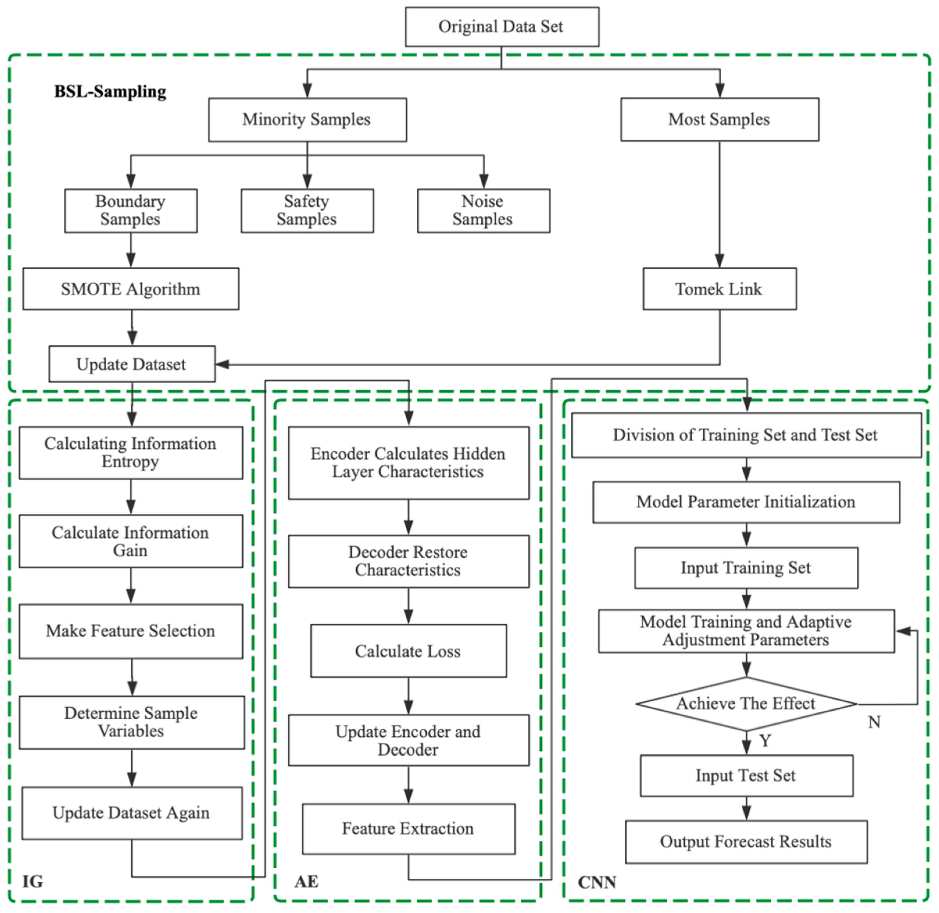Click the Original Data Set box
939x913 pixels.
(x=501, y=27)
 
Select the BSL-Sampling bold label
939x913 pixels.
(x=110, y=91)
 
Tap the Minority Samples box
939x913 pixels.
(x=307, y=120)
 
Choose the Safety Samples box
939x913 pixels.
(x=307, y=211)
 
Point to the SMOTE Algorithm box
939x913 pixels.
(x=130, y=289)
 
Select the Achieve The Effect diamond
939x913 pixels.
(x=745, y=703)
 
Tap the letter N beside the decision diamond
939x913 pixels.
(x=874, y=722)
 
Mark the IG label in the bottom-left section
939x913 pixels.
(x=33, y=881)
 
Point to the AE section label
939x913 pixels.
(x=306, y=881)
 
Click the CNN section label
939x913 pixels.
(x=596, y=882)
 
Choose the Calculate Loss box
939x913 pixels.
(x=408, y=651)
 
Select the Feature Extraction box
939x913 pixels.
(x=408, y=828)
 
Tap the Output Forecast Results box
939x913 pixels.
(x=745, y=841)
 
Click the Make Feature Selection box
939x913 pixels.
(x=130, y=631)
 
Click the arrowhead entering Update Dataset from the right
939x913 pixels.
(x=222, y=364)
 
